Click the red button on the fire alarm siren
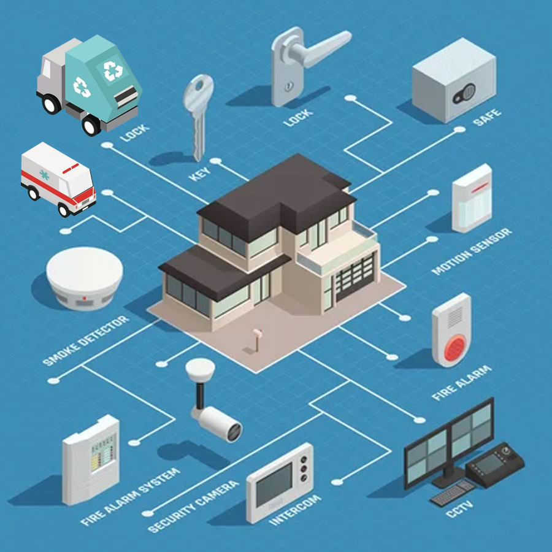(x=455, y=348)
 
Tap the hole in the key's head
(x=200, y=85)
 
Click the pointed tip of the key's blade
(x=198, y=160)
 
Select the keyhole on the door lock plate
(x=289, y=85)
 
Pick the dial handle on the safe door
(x=464, y=94)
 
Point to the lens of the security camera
(x=234, y=432)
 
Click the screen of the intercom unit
(x=274, y=485)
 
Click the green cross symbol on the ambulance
(x=44, y=175)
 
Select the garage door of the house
(x=355, y=277)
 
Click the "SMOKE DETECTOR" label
(x=86, y=340)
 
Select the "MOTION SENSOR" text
(x=472, y=251)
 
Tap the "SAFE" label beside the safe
(x=487, y=118)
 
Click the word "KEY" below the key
(x=200, y=174)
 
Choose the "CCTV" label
(x=460, y=509)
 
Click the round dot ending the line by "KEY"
(x=215, y=161)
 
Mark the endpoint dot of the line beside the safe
(x=459, y=129)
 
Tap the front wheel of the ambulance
(x=64, y=210)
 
